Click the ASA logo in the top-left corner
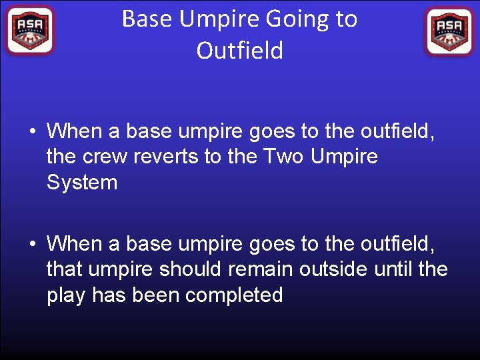(x=29, y=31)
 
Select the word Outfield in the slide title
(x=240, y=51)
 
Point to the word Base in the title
(x=145, y=19)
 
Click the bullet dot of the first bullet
(x=32, y=131)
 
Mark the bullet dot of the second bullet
(x=32, y=245)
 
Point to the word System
(x=82, y=183)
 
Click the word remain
(x=267, y=270)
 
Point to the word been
(x=156, y=295)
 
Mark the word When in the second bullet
(x=74, y=244)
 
